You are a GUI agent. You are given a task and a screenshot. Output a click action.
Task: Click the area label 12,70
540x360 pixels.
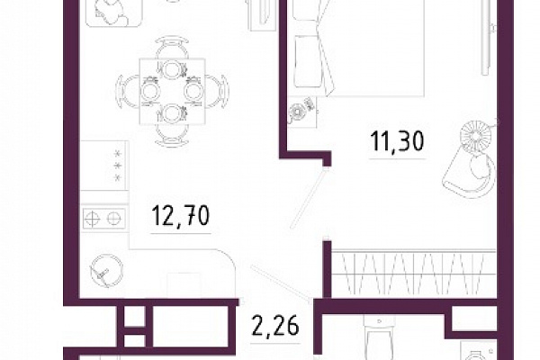pyautogui.click(x=181, y=216)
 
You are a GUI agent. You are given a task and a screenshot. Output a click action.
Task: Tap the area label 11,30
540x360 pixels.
pyautogui.click(x=397, y=141)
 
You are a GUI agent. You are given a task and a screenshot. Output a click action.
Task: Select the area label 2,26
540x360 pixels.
pyautogui.click(x=275, y=326)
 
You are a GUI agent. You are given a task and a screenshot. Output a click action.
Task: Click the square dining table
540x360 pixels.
pyautogui.click(x=173, y=91)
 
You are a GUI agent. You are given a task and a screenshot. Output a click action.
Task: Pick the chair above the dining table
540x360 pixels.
pyautogui.click(x=172, y=47)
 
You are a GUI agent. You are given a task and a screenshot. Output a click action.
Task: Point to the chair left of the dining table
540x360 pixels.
pyautogui.click(x=128, y=91)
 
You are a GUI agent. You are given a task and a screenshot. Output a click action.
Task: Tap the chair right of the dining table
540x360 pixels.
pyautogui.click(x=217, y=91)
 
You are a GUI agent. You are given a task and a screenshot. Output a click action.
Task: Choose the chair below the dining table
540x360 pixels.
pyautogui.click(x=172, y=135)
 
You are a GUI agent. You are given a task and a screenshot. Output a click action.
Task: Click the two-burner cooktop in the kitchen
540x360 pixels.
pyautogui.click(x=103, y=218)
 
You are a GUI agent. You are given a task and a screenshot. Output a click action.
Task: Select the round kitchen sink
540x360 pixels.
pyautogui.click(x=106, y=271)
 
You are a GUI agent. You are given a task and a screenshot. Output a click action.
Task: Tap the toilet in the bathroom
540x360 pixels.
pyautogui.click(x=378, y=337)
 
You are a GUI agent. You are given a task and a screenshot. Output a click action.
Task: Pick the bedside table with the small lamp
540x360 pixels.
pyautogui.click(x=302, y=112)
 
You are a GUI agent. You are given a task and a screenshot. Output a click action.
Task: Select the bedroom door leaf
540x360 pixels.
pyautogui.click(x=308, y=198)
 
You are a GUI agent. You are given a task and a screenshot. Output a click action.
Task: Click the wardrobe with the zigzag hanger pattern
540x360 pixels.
pyautogui.click(x=414, y=273)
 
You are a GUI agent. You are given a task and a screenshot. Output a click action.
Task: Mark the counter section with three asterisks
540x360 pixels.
pyautogui.click(x=104, y=166)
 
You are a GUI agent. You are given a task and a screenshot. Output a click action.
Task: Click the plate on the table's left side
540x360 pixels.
pyautogui.click(x=151, y=91)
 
